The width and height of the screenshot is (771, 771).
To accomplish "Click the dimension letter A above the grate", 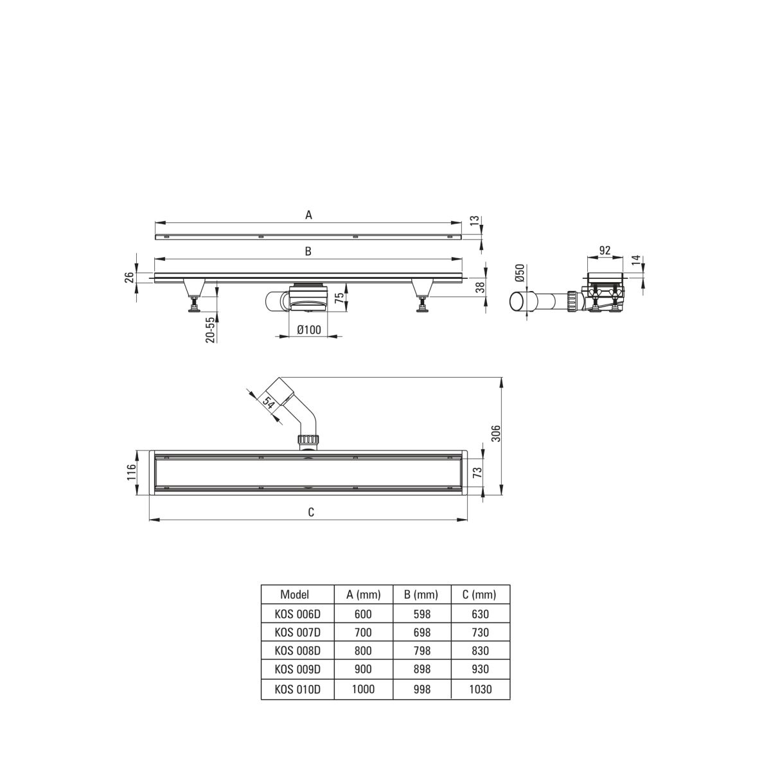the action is point(308,215).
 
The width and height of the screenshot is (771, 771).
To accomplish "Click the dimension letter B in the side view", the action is point(308,251).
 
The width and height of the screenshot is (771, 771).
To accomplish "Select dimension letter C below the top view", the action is point(311,512).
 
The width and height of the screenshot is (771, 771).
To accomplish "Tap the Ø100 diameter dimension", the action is point(309,330).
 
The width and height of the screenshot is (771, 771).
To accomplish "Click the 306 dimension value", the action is point(496,433).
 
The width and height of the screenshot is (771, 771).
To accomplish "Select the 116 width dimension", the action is point(131,472).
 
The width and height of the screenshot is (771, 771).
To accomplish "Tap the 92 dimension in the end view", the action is point(605,250).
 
